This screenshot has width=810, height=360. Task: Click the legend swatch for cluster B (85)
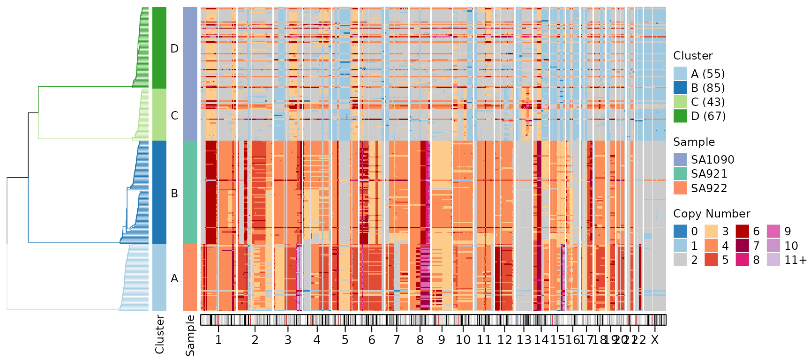[x=680, y=88]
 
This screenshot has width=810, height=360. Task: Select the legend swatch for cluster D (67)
[x=680, y=116]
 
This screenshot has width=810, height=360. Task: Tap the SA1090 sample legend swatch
[x=680, y=159]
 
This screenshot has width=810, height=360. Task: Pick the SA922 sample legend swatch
[x=680, y=188]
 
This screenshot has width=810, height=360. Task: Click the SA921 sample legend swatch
[x=680, y=173]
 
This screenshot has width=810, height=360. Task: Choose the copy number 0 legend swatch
[x=680, y=231]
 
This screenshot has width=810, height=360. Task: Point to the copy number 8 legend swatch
[x=742, y=260]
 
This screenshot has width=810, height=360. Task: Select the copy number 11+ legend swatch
[x=773, y=260]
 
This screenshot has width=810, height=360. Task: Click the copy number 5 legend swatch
[x=711, y=260]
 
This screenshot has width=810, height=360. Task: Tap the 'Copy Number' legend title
[x=712, y=214]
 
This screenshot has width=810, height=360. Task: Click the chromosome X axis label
[x=655, y=340]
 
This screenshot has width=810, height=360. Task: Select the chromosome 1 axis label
[x=218, y=340]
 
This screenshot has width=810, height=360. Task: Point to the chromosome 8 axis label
[x=420, y=340]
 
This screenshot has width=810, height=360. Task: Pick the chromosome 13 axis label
[x=524, y=340]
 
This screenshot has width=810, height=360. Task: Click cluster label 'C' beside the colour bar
[x=174, y=116]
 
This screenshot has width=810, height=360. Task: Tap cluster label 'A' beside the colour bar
[x=174, y=278]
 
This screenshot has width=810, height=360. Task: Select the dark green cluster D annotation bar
[x=159, y=48]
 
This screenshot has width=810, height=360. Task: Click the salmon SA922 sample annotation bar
[x=190, y=277]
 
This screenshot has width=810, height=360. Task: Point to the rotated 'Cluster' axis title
[x=160, y=334]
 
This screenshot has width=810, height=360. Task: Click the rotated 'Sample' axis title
[x=190, y=335]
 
